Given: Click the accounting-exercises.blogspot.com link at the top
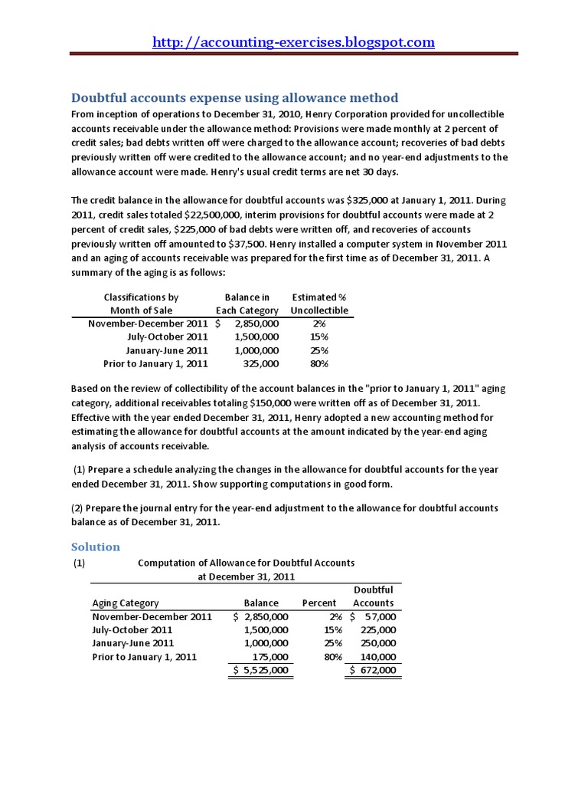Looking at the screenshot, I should coord(293,42).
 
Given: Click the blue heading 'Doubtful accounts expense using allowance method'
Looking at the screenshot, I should coord(234,97).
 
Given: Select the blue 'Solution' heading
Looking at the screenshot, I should coord(96,547).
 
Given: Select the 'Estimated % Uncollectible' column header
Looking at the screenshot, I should coord(319,304).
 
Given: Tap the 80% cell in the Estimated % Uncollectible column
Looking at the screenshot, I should coord(319,363).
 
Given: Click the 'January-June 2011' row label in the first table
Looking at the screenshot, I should coord(167,350).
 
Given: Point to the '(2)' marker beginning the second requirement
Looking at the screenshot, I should coord(79,508).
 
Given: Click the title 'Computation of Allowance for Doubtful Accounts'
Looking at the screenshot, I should coord(246,563).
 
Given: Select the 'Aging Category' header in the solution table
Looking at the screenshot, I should coord(126,603).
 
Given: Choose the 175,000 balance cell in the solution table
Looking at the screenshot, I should coord(269,657).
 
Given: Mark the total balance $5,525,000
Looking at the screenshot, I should coord(262,671).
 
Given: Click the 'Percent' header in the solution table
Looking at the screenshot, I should coord(319,603).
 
